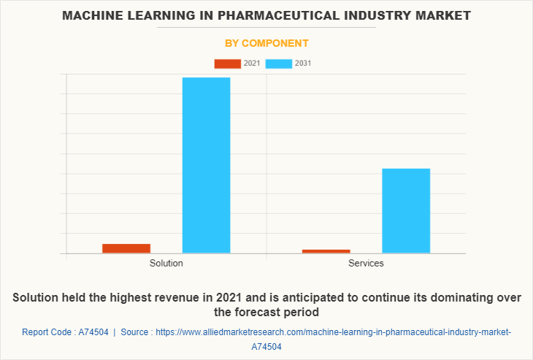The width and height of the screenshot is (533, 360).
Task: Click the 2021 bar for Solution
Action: [x=126, y=248]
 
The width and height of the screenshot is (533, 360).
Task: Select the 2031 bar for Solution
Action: [x=206, y=165]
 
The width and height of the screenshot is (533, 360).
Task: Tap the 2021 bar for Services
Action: [x=326, y=251]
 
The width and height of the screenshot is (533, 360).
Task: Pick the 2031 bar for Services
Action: [x=406, y=211]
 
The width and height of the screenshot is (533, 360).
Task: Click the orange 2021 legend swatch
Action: [x=227, y=64]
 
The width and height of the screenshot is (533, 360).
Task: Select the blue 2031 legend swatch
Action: [x=279, y=64]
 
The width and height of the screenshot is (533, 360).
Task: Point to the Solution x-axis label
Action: [x=166, y=263]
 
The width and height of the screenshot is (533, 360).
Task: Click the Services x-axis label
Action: [x=366, y=263]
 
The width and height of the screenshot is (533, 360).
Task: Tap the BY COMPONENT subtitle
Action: [x=266, y=43]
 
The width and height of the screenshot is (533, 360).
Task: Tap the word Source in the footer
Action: [x=135, y=332]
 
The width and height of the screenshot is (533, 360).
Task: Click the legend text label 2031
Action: [x=303, y=64]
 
